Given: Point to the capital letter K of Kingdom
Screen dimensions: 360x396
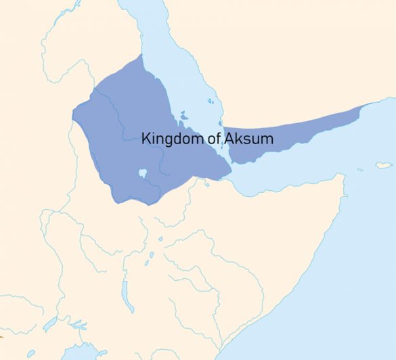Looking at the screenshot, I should coord(146,139).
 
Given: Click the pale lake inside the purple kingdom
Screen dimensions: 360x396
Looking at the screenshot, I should coord(143,173).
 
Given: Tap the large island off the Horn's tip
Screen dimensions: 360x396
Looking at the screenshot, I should coord(384,164).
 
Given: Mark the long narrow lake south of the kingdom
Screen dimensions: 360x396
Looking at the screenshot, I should coord(124,292).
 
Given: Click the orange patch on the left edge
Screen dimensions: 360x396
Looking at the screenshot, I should coord(3,335).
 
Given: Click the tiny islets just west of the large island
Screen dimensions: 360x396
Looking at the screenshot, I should coord(361,169).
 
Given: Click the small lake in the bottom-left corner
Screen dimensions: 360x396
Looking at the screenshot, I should coord(31,353).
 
